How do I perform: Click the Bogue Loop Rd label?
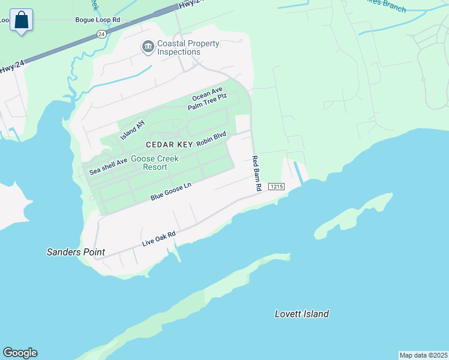coord(98,20)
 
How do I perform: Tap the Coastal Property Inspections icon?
coord(147,47)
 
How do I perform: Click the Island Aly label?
coord(133,129)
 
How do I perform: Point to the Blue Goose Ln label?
coord(170,192)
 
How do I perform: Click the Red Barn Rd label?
coord(256,173)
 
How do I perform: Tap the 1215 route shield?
coord(276,187)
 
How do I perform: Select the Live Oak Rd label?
coord(158,238)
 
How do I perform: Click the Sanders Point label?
coord(76,253)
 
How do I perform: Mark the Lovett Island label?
coord(302,314)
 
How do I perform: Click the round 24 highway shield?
coord(101,35)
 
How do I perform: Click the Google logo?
coord(20,353)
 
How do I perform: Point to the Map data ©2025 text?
coord(423,355)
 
